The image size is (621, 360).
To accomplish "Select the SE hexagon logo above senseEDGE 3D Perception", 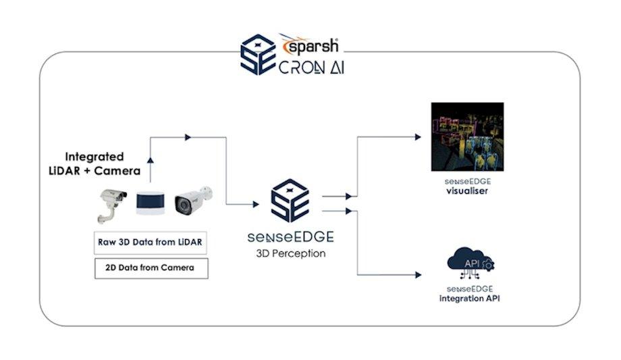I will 290,201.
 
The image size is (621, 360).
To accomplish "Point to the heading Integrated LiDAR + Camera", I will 103,162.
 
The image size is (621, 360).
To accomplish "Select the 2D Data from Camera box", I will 151,267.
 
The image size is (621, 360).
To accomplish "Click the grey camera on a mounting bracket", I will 111,203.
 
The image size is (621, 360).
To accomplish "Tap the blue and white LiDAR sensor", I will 151,203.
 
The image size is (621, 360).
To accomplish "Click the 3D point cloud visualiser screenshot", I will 467,136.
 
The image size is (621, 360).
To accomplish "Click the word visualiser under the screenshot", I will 467,191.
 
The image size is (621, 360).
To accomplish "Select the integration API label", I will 470,298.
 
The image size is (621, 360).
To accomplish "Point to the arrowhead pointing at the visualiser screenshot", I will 417,136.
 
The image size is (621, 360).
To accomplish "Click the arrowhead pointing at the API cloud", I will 417,274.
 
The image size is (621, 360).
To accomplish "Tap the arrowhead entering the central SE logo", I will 254,204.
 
